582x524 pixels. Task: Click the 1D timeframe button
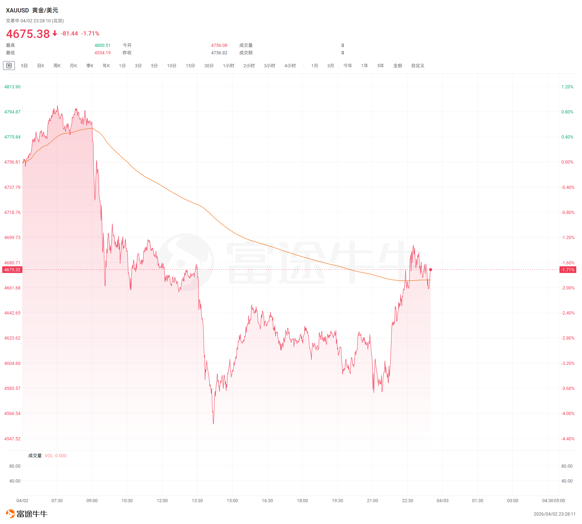(9, 66)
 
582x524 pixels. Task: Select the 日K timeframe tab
(41, 66)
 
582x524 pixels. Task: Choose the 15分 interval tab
(190, 66)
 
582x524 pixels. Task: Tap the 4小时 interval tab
(290, 66)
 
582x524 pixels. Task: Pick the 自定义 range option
(418, 66)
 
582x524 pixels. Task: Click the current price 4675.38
(28, 34)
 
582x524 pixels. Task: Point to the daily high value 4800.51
(102, 45)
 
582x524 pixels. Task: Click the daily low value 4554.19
(102, 53)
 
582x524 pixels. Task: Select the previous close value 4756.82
(219, 53)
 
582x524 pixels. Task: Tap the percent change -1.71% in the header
(90, 34)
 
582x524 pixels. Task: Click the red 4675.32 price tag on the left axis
(12, 270)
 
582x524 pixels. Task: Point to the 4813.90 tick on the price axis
(12, 87)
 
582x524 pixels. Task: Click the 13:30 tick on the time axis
(197, 501)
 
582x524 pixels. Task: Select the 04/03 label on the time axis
(443, 501)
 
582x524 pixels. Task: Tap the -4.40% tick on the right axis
(568, 439)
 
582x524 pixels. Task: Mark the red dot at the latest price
(430, 270)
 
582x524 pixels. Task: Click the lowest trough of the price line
(213, 423)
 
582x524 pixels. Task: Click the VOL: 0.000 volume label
(55, 456)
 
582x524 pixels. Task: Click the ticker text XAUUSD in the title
(17, 10)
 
